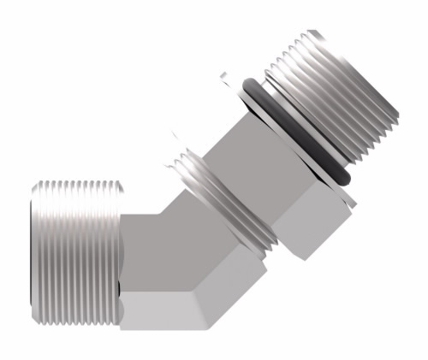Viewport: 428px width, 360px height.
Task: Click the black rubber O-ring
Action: point(296,128)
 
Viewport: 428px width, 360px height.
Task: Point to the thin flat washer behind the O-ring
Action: point(282,145)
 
